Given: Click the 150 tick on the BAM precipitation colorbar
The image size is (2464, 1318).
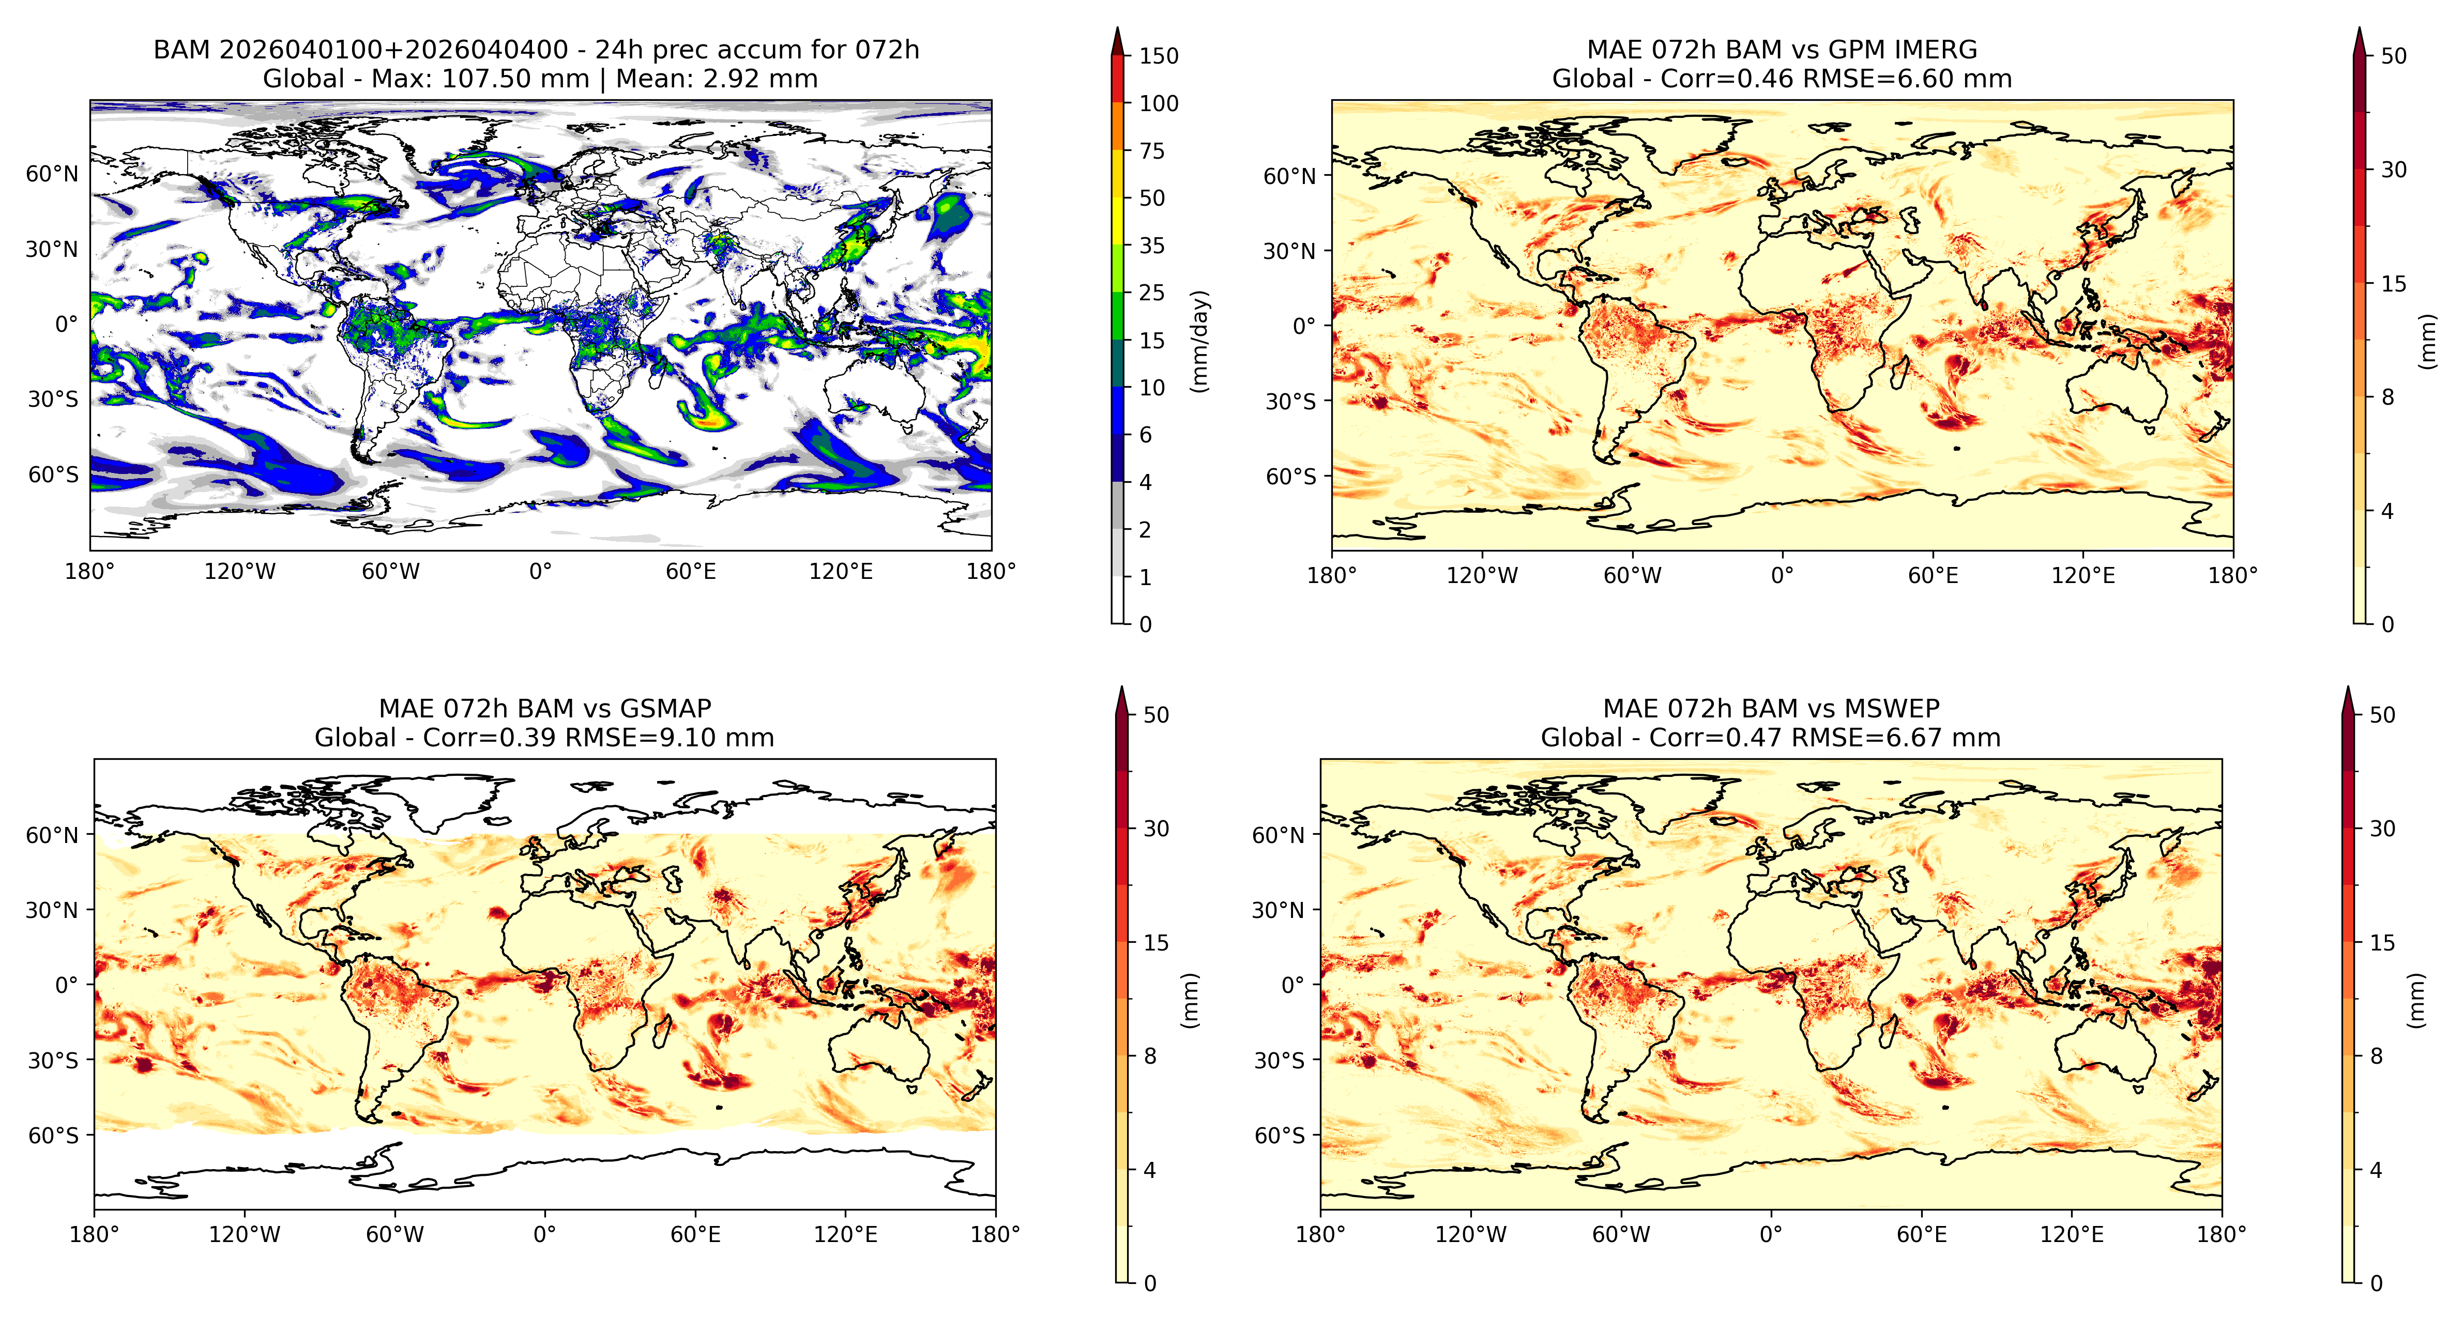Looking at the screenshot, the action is [1159, 55].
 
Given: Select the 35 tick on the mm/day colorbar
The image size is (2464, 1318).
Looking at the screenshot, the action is [1152, 246].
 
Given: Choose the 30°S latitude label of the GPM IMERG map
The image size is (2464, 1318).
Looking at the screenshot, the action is [1291, 402].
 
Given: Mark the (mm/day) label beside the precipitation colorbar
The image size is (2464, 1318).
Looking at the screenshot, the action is [1199, 342].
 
